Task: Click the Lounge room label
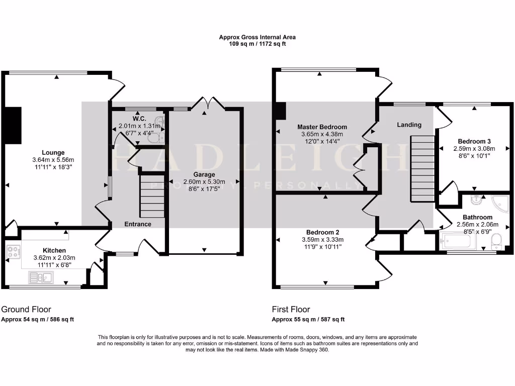[x=53, y=152]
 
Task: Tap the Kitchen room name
[x=54, y=250]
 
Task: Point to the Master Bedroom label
[x=322, y=127]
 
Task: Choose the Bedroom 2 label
[x=322, y=232]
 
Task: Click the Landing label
[x=409, y=125]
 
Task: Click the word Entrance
[x=138, y=224]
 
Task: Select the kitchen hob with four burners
[x=13, y=251]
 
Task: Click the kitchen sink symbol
[x=41, y=276]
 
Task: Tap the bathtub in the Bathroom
[x=457, y=242]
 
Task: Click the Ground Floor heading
[x=26, y=310]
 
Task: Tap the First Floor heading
[x=291, y=310]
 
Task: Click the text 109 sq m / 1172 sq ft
[x=257, y=44]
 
